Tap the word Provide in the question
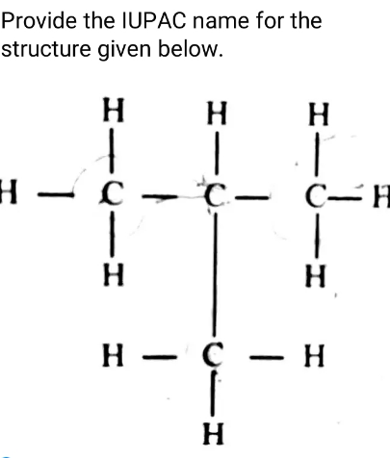click(39, 21)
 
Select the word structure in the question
click(46, 49)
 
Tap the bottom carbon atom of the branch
click(213, 355)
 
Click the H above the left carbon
click(114, 110)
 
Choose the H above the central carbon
click(217, 113)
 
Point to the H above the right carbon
click(319, 114)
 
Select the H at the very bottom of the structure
click(213, 433)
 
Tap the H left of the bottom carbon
click(113, 355)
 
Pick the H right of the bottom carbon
click(314, 355)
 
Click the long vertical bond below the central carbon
click(215, 274)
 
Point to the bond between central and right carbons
click(251, 197)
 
